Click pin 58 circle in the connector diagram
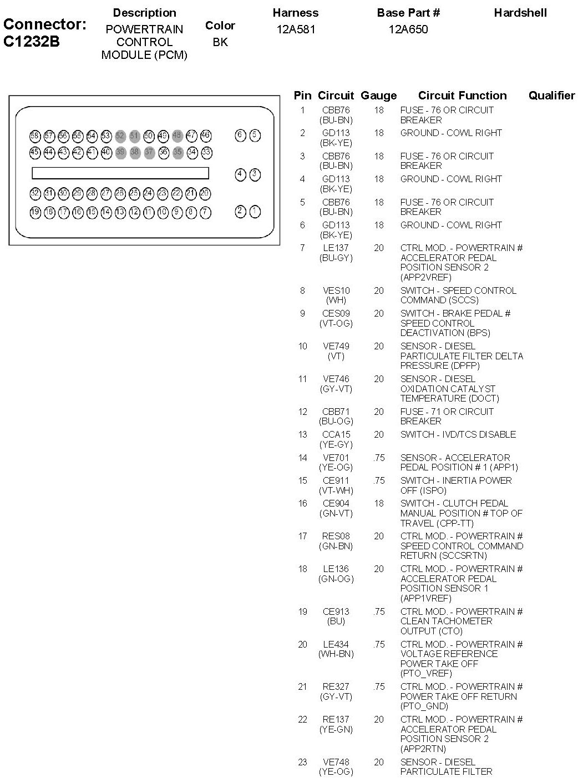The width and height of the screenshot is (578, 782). point(35,136)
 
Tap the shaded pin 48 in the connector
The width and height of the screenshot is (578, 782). point(178,136)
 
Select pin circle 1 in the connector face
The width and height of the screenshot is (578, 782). point(255,211)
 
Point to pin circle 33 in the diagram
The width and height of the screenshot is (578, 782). point(206,152)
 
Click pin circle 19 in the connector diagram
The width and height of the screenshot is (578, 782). point(35,212)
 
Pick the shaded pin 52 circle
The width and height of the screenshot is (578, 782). point(120,136)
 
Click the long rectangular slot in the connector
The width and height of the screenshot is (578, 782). point(120,173)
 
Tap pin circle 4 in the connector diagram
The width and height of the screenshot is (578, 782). point(240,174)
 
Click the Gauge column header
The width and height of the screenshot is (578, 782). point(378,96)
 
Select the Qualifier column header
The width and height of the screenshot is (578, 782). point(551,96)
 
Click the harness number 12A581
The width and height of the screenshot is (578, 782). point(296,29)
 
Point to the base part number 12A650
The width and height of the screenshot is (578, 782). point(408,29)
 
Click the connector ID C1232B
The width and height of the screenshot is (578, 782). point(31,42)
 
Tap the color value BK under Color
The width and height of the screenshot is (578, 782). point(220,42)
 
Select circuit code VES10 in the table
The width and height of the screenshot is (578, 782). point(336,290)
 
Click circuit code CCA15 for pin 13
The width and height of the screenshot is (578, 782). point(336,434)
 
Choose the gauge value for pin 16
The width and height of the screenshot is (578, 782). point(379,503)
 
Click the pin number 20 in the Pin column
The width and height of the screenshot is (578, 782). point(302,644)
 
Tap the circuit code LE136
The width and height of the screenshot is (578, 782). point(336,569)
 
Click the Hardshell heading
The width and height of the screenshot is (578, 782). point(520,13)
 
